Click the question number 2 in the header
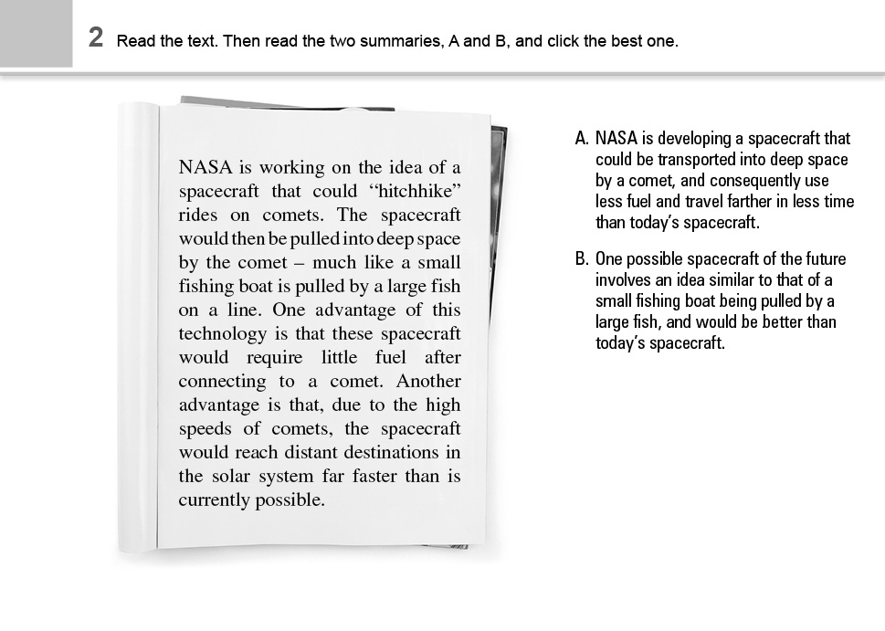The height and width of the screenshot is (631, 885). pos(95,37)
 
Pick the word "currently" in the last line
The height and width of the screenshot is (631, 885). pos(215,500)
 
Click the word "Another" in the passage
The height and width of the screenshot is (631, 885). pos(428,381)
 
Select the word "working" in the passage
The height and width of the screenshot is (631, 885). pos(294,167)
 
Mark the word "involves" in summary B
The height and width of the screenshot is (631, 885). pos(624,280)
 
